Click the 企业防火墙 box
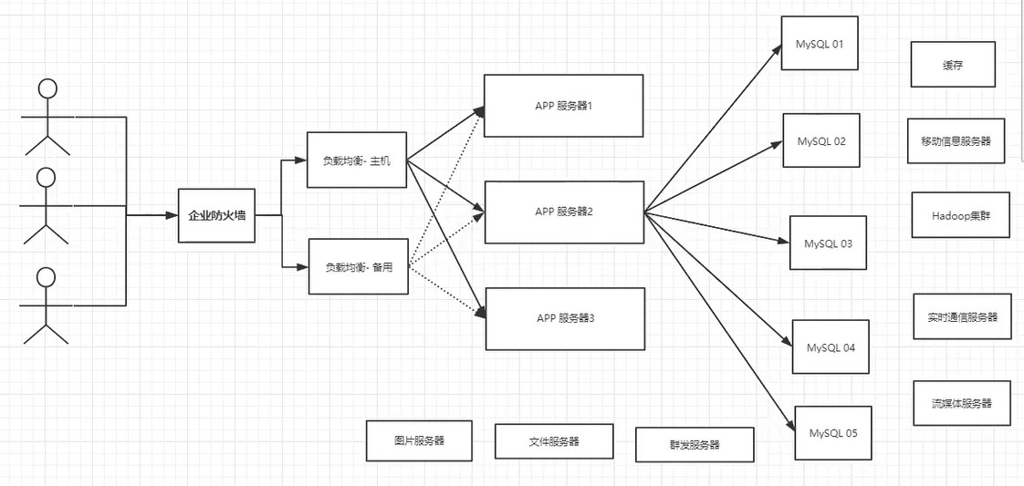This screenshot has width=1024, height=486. coord(216,216)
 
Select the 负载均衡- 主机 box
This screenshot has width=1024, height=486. coord(356,160)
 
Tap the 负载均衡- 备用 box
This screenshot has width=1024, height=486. coord(358,266)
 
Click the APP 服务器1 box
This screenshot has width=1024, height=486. coord(563,106)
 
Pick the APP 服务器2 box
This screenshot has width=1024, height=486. coord(564,212)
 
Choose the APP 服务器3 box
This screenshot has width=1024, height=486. coord(565,318)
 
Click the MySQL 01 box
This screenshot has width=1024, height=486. coord(819,43)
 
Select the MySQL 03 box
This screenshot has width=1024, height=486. coord(827,243)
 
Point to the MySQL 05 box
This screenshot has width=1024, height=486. coord(832,433)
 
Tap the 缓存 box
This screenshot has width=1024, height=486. coord(952,65)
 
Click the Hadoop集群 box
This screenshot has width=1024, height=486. coord(959,215)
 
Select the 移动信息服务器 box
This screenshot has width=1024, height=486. coord(956,141)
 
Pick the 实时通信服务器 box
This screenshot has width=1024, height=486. coord(962,316)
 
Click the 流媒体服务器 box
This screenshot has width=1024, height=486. coord(961,403)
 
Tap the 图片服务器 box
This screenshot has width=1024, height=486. coord(419,440)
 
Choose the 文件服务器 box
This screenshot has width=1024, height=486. coord(553,441)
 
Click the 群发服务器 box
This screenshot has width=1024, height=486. coord(694,445)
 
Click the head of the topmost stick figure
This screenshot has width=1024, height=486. coord(47,88)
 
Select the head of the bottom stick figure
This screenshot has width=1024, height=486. coord(46,276)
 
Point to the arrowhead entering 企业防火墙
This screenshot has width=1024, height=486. coord(172,216)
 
